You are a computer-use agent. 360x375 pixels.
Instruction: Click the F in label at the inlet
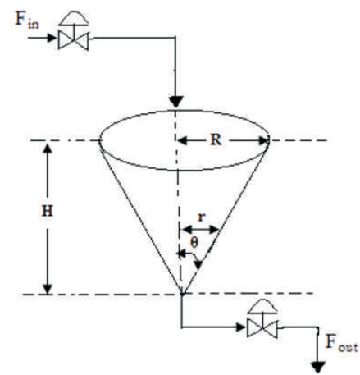26,20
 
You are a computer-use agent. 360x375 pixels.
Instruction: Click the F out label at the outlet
341,343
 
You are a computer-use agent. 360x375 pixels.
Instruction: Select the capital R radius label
216,139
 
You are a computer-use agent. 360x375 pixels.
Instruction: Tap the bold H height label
48,212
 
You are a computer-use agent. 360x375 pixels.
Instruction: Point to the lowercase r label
202,217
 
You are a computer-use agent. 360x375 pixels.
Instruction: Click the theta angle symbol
194,243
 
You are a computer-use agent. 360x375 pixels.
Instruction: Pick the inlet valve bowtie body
73,40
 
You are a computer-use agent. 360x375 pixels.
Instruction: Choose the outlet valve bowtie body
262,327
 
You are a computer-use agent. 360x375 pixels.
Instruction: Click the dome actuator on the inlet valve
74,19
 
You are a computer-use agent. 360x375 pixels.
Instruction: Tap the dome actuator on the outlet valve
262,306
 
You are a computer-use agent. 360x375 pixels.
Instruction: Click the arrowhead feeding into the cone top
176,102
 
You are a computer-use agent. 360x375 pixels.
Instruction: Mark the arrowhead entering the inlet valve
52,38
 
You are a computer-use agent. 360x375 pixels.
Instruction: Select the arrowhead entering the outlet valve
240,327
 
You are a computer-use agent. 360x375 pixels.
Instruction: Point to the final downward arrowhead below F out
318,367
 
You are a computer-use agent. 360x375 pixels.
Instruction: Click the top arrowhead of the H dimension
48,149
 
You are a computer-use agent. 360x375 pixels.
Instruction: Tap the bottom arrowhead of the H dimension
48,289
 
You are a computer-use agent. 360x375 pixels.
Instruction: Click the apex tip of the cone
182,294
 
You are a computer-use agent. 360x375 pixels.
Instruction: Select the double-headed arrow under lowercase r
201,229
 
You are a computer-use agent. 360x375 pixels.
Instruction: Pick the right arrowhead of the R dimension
263,141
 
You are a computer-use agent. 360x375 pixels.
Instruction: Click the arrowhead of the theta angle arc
198,265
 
